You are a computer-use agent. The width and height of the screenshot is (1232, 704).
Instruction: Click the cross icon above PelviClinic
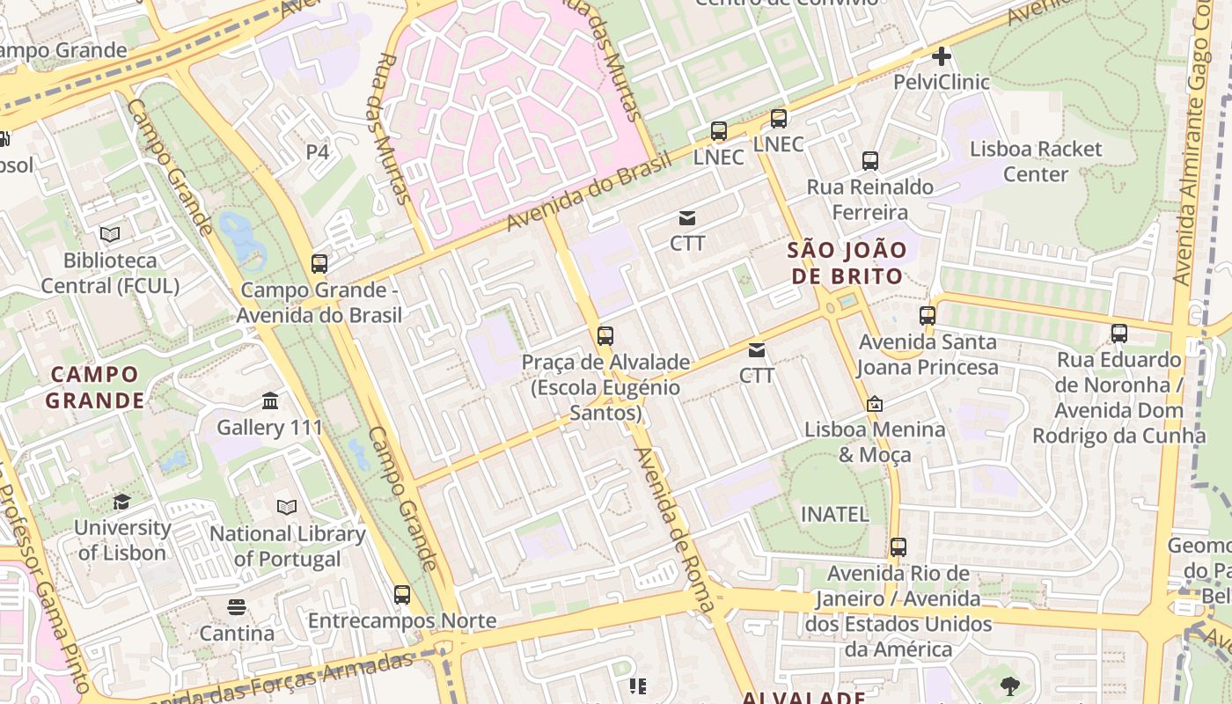point(942,57)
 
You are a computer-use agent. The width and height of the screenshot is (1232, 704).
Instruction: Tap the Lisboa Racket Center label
point(1035,161)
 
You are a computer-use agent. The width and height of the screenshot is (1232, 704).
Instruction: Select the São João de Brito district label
point(847,262)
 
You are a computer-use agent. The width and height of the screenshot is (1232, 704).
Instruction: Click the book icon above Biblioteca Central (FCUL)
point(110,234)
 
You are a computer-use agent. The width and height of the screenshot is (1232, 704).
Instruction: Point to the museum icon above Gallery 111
point(270,402)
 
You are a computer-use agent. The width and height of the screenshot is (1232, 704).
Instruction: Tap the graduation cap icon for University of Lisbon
point(121,502)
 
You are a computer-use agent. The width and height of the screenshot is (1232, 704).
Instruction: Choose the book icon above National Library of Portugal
point(287,507)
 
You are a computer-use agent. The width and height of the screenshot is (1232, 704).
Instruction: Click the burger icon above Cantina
point(236,606)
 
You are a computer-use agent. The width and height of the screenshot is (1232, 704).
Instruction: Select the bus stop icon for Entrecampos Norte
point(402,595)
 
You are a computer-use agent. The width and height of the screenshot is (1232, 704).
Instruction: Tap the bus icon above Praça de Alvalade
point(605,335)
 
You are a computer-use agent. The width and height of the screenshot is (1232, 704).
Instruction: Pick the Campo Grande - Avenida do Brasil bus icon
point(319,263)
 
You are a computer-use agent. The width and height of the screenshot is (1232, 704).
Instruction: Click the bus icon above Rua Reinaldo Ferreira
point(870,161)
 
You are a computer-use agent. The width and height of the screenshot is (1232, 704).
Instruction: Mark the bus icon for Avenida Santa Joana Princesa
point(928,315)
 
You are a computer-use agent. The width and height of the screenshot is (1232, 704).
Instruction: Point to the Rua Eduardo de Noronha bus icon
point(1119,334)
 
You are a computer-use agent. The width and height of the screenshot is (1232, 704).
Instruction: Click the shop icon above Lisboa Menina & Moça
point(875,404)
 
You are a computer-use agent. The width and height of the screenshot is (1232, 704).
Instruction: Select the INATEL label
point(834,514)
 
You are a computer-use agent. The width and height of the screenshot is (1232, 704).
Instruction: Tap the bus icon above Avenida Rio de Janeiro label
point(898,547)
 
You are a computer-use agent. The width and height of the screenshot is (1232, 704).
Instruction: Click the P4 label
point(317,152)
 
